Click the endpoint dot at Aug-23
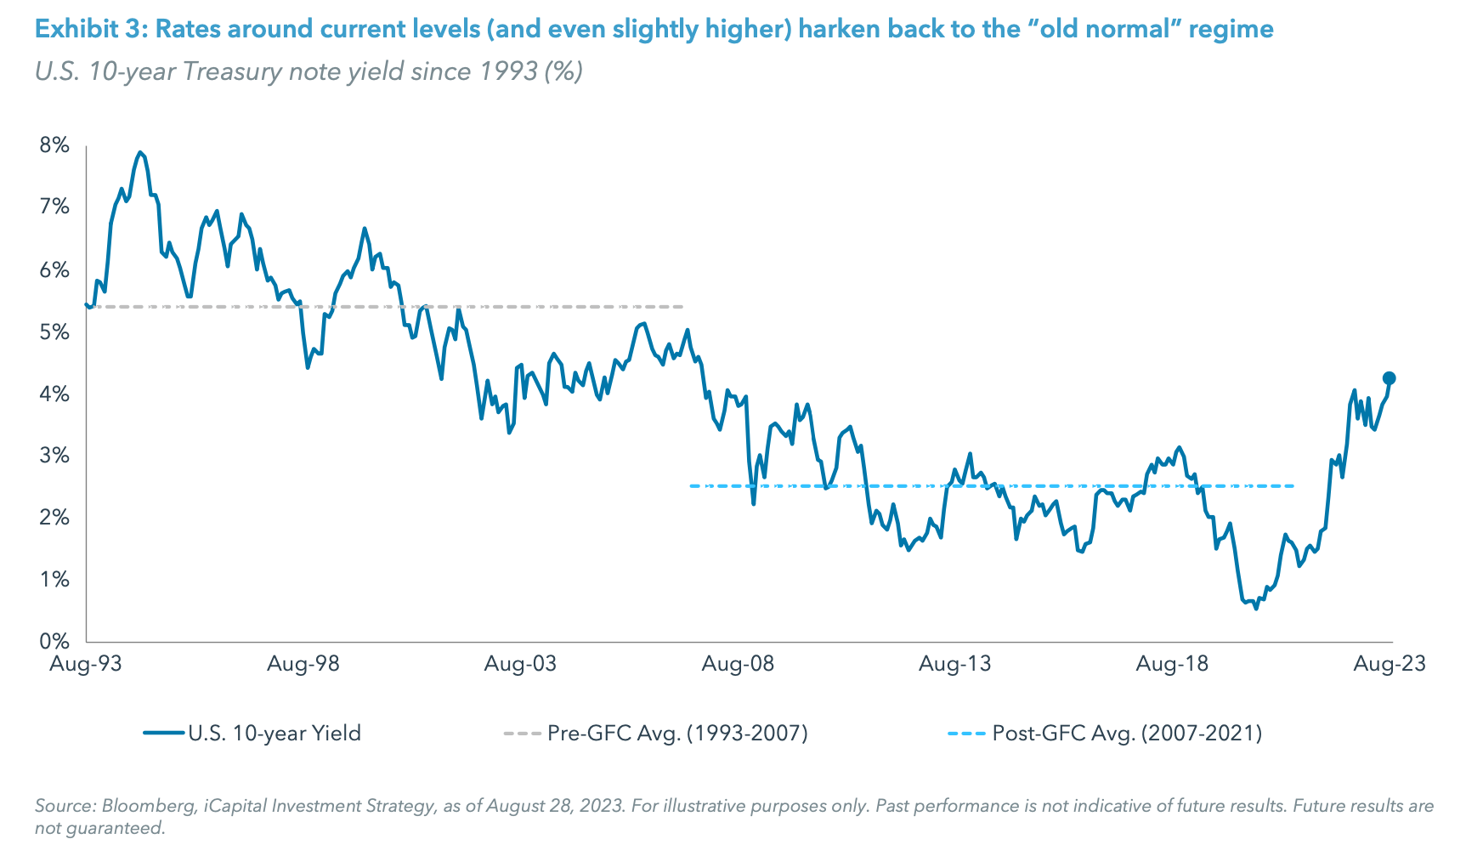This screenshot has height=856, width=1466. point(1389,378)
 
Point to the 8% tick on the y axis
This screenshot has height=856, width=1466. point(54,145)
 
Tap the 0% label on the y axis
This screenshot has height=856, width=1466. point(54,641)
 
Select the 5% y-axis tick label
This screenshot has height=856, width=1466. point(54,332)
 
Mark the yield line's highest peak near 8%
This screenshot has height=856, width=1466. point(139,153)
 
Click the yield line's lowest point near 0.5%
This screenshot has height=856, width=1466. point(1255,608)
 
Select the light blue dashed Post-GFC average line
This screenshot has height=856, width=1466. point(1105,486)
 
